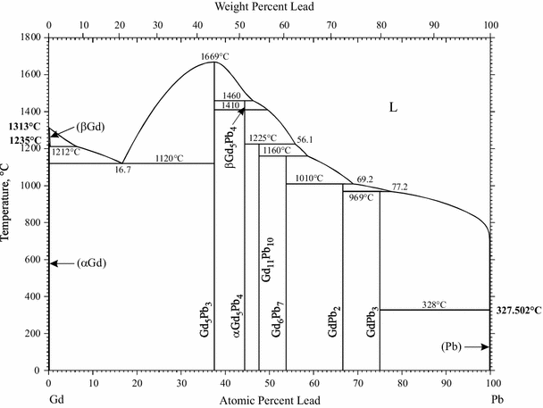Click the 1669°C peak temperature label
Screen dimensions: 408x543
[214, 55]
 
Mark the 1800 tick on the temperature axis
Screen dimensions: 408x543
[29, 37]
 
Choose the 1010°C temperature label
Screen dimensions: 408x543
[309, 179]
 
